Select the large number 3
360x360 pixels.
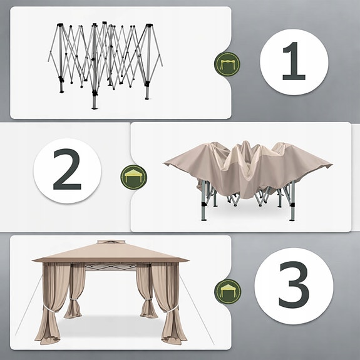pos(294,286)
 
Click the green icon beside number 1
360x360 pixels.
pos(226,63)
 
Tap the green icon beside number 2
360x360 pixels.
pos(131,176)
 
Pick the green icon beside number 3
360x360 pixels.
pos(226,290)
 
